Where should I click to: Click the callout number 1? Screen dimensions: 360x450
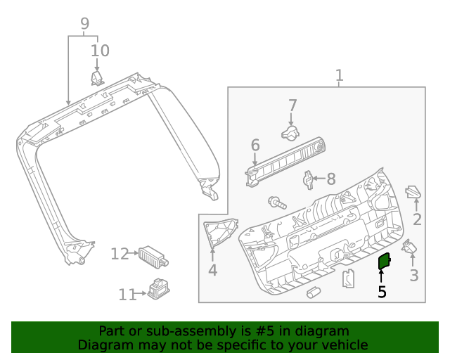[339, 75]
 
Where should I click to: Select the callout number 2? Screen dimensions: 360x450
[417, 219]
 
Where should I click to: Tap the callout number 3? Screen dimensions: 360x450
[414, 275]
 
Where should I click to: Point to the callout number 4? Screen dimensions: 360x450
[212, 270]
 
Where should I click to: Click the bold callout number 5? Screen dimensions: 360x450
[382, 291]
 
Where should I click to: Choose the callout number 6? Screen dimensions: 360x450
[255, 145]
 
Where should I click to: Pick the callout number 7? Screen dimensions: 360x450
[292, 105]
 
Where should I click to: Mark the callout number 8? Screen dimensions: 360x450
[330, 179]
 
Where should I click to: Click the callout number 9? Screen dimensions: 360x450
[84, 23]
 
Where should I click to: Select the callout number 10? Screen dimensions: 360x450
[101, 51]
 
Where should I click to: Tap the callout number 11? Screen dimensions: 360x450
[127, 295]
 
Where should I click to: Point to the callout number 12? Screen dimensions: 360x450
[120, 254]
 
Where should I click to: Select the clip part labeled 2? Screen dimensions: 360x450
[414, 192]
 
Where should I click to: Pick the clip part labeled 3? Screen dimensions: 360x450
[409, 247]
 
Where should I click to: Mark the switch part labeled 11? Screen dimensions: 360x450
[157, 288]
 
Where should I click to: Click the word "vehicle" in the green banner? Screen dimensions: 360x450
[343, 345]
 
